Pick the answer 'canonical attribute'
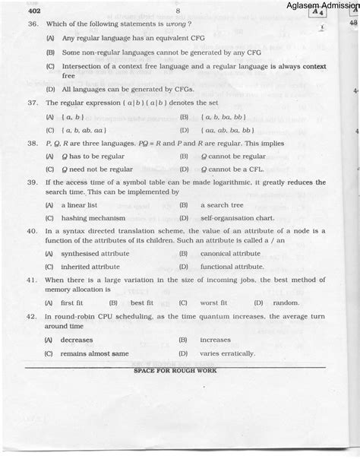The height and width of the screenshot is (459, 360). (230, 254)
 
